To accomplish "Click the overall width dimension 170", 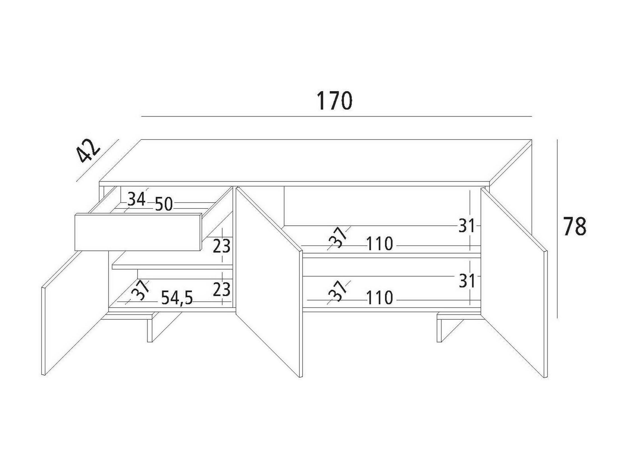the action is (334, 101).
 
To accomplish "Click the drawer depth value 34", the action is (137, 199).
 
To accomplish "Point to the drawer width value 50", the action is (164, 204).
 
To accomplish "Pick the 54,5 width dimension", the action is (177, 298).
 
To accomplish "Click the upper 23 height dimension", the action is (221, 246).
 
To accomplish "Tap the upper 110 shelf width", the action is (380, 244).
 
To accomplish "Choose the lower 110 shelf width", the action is (380, 298).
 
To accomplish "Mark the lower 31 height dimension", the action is (466, 281).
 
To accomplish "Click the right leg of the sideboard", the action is (440, 329).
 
